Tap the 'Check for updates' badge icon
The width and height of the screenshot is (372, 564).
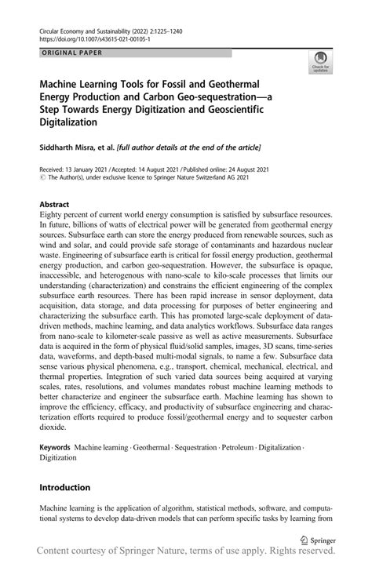(319, 61)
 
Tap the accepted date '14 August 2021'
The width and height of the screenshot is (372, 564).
(177, 169)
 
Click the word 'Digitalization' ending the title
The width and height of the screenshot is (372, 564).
(68, 122)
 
